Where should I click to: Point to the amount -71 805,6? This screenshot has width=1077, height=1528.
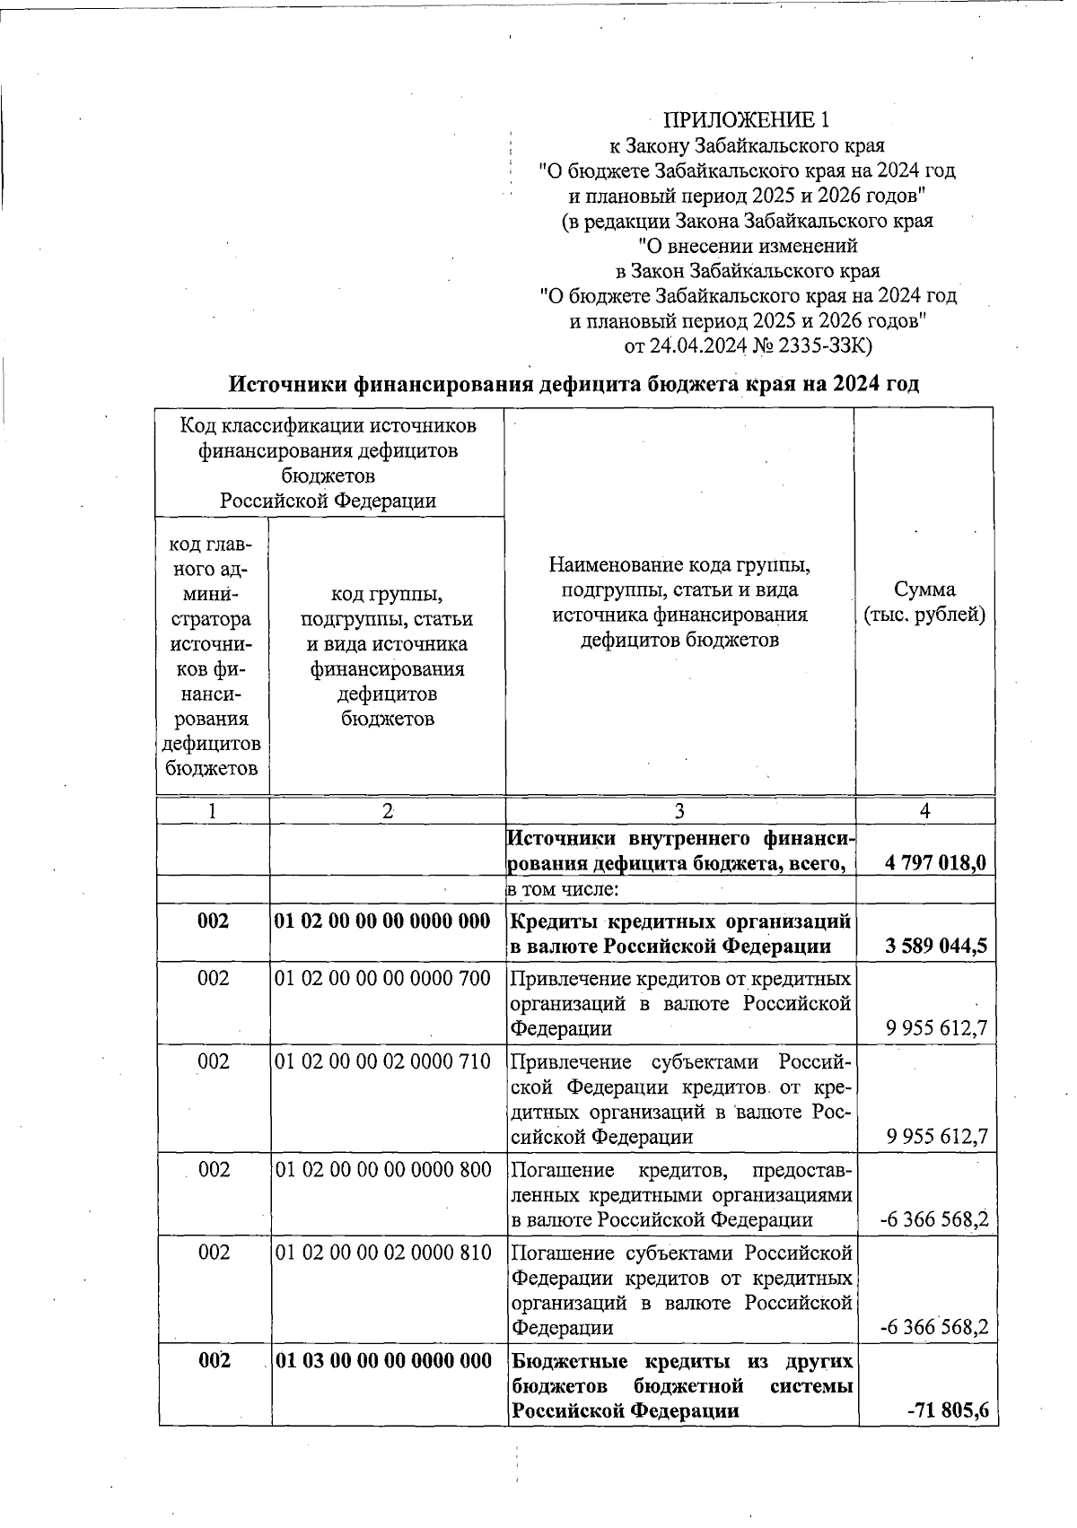point(948,1410)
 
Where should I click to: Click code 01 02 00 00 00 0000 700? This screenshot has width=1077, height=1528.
point(383,978)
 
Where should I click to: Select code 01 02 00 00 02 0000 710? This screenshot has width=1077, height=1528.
point(383,1061)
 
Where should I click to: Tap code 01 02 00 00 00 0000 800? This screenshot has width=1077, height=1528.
point(383,1169)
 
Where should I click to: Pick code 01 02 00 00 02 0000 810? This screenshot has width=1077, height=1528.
point(383,1252)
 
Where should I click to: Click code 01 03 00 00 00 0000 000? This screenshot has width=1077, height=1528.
point(383,1360)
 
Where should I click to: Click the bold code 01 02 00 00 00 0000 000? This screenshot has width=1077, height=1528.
point(383,921)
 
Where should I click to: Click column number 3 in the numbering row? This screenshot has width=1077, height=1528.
point(679,810)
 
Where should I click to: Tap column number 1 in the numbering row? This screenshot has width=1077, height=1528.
point(213,810)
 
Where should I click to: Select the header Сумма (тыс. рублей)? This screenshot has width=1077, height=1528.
point(924,602)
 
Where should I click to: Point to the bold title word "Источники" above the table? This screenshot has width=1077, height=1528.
point(286,384)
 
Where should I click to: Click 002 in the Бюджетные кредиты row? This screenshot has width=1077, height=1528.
point(214,1360)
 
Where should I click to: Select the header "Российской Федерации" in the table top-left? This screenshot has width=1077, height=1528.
point(328,501)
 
